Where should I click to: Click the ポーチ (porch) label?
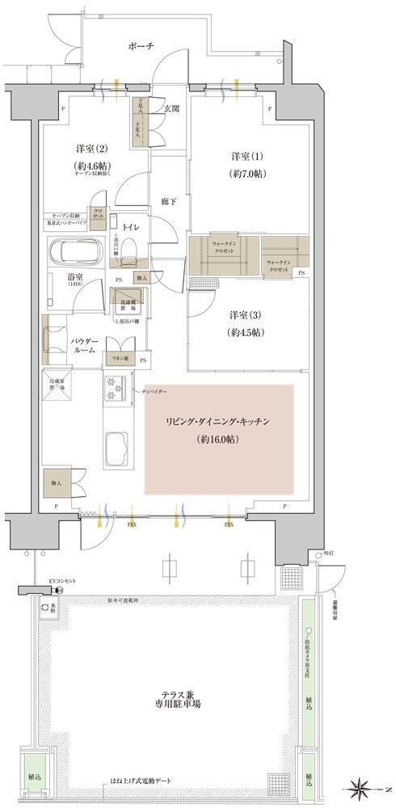140,48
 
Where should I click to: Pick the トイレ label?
131,227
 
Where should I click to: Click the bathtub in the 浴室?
75,254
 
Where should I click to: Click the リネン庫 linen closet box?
120,358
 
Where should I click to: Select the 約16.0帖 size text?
220,440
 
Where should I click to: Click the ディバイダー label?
155,391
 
